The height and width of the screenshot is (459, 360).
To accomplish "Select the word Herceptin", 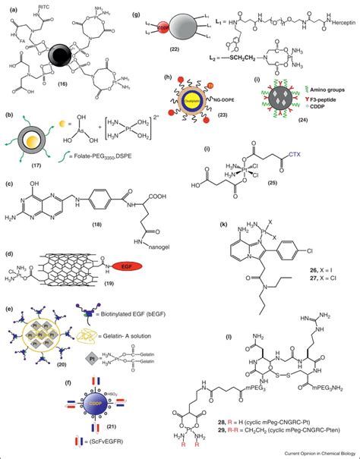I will [x=328, y=46].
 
